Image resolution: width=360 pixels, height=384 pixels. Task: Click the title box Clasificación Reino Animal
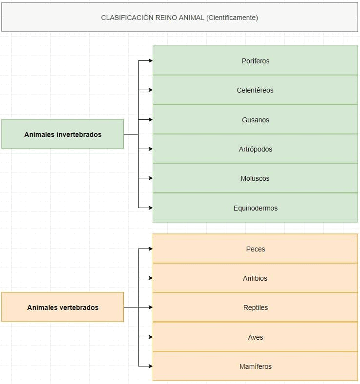180,17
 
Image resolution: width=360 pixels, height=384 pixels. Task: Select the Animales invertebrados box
63,134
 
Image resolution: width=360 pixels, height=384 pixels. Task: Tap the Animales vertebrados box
63,307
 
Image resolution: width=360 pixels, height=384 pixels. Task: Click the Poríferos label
255,61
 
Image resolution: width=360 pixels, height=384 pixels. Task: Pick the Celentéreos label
255,90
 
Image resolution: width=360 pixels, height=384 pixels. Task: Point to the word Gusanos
255,120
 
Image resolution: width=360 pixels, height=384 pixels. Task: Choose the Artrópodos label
255,149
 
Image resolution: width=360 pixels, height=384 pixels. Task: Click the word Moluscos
255,178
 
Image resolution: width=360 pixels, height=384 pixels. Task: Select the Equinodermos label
255,208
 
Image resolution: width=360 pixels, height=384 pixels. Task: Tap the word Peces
255,249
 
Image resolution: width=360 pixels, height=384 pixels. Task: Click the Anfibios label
255,278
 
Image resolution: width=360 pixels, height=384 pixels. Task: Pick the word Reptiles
255,307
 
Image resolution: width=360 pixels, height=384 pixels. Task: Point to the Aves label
255,337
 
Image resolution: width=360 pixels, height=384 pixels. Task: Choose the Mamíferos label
255,366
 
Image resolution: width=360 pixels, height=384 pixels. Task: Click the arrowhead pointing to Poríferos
150,60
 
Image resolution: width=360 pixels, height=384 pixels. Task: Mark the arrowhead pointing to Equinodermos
150,208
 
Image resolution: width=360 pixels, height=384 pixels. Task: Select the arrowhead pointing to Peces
150,249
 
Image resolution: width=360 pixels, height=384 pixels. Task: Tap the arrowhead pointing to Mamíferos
150,366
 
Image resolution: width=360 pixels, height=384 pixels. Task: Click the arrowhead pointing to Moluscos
150,178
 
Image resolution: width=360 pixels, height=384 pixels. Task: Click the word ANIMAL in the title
191,18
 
